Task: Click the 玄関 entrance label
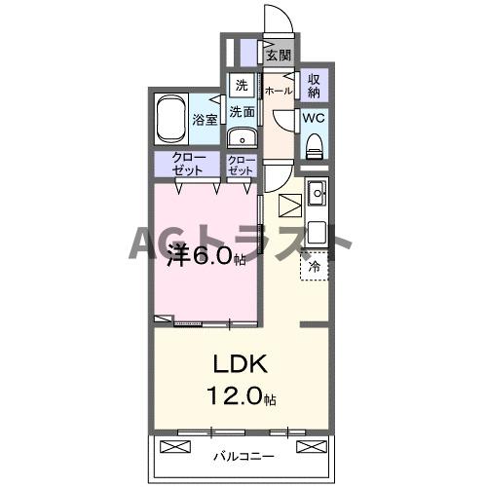pos(279,56)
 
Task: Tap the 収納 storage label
pos(314,85)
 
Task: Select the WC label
pos(314,118)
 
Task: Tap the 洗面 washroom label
pos(242,112)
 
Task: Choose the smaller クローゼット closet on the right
pos(242,165)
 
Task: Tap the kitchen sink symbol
pos(316,195)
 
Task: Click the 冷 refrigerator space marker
pos(315,265)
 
